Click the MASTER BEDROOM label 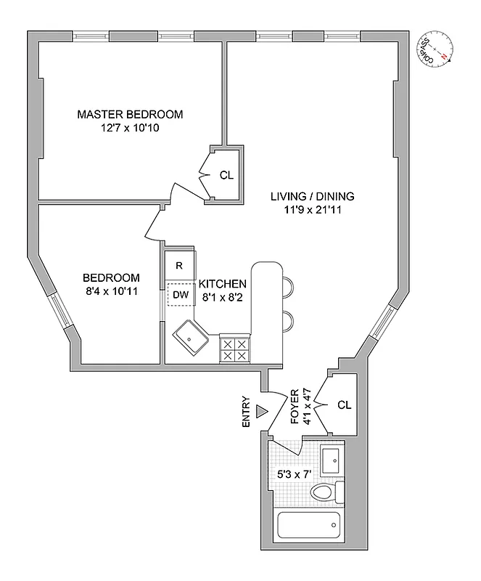point(130,114)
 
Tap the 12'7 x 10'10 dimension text point(130,128)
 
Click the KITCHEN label point(223,283)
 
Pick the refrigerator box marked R point(178,265)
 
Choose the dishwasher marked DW point(179,294)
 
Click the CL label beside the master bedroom point(226,175)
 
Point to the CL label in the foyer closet point(344,405)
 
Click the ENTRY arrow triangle point(263,413)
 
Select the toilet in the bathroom point(324,494)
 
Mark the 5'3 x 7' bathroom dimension point(295,474)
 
